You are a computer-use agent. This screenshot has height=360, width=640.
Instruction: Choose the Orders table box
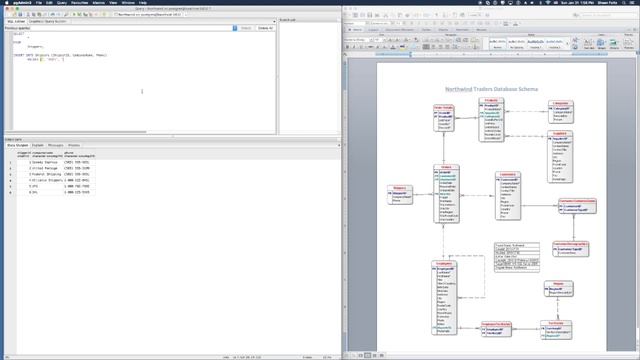coord(447,196)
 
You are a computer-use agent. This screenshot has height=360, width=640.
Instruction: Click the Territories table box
coord(557,331)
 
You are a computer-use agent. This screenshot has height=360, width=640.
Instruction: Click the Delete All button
coord(265,28)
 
